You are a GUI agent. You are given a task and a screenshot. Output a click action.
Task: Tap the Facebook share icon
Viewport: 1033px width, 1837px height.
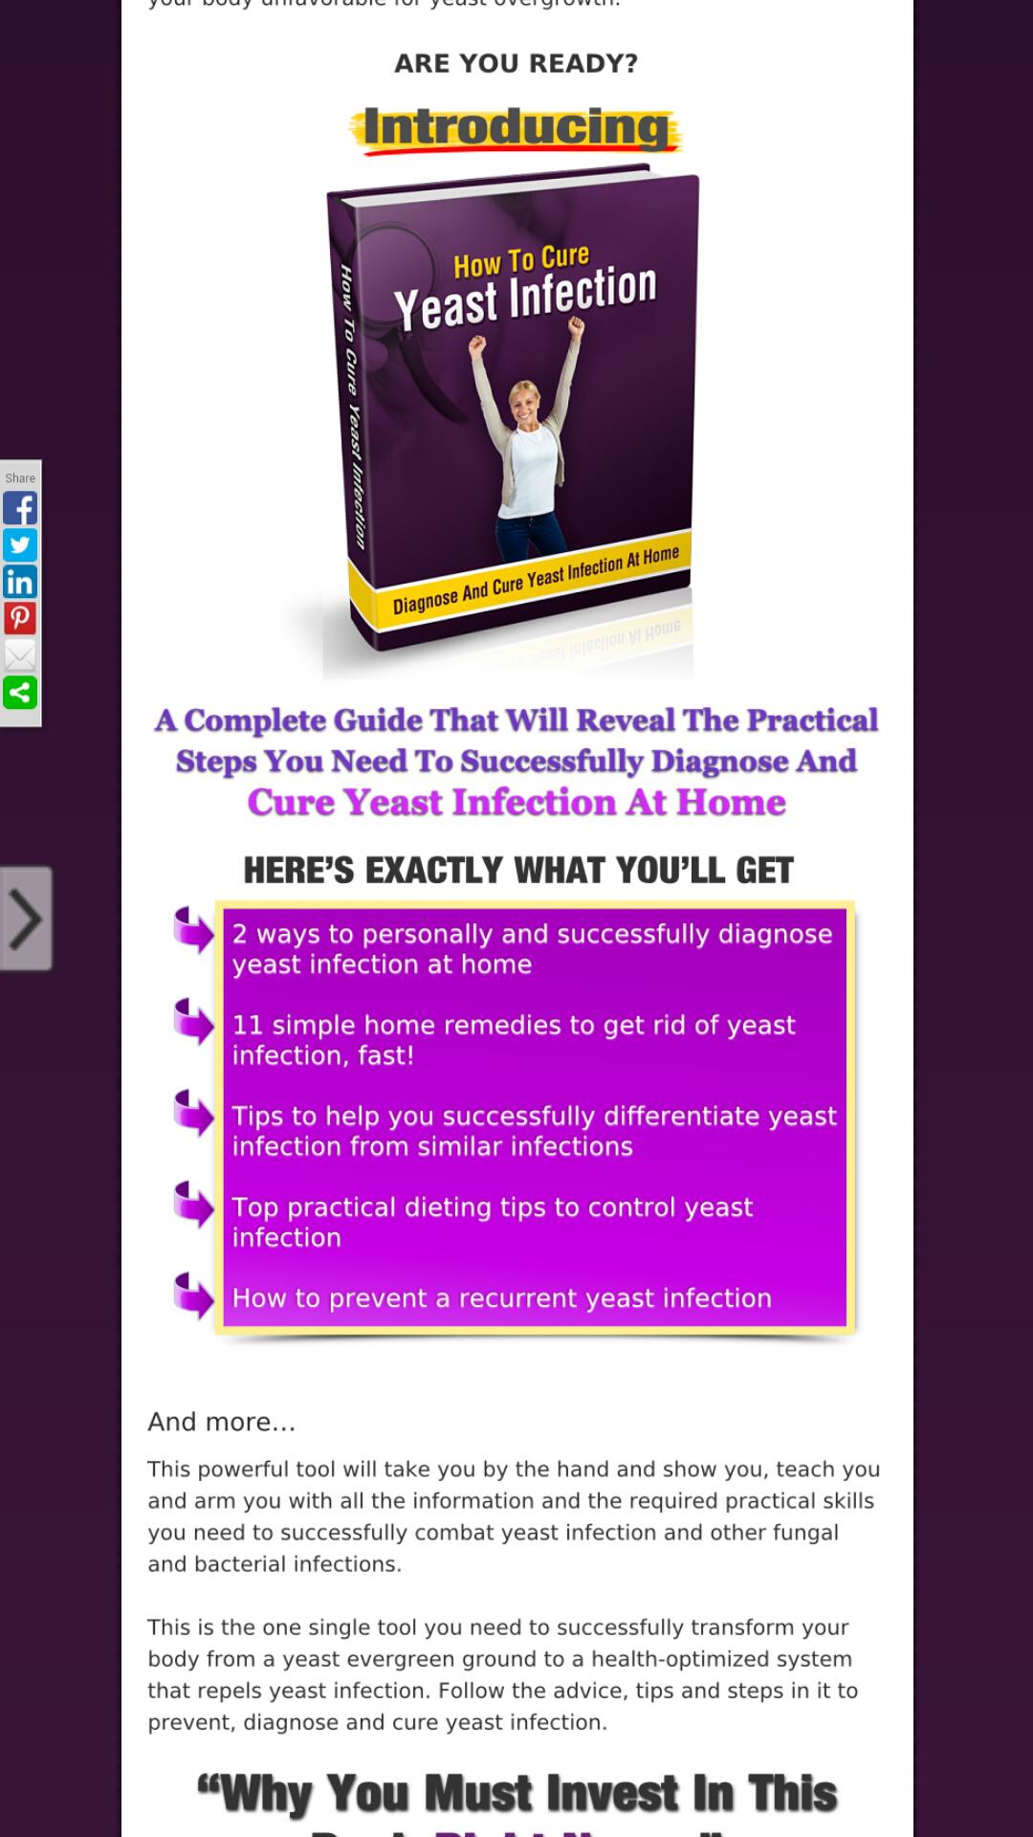pos(20,508)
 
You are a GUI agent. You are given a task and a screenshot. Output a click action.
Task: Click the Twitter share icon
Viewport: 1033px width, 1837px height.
pos(20,544)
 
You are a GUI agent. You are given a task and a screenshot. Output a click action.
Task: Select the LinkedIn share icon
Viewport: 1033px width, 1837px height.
pos(20,582)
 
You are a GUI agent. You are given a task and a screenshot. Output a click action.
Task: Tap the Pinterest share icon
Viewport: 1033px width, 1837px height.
pos(20,618)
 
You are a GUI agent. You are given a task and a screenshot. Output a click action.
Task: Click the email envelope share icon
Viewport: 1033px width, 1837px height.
pos(20,655)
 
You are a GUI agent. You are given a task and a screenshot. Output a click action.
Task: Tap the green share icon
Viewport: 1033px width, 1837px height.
pos(20,693)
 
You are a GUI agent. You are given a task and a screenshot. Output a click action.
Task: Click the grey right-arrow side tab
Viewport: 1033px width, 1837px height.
pos(26,918)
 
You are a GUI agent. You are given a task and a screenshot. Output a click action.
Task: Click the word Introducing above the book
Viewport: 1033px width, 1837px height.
pos(516,128)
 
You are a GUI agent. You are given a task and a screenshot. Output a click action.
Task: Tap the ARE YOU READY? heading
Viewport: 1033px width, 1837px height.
pos(516,63)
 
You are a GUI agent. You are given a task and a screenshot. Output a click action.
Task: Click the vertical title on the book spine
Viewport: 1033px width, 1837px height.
pos(353,407)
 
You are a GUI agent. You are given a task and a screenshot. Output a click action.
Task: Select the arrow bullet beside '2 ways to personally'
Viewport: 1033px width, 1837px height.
pos(194,930)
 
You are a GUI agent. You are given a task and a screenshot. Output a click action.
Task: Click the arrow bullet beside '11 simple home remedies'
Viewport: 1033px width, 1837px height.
pos(194,1021)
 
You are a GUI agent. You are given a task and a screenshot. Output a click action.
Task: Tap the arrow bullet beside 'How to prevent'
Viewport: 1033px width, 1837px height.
pos(194,1295)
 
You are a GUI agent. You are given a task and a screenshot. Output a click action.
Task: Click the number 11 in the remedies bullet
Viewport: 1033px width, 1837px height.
pos(247,1025)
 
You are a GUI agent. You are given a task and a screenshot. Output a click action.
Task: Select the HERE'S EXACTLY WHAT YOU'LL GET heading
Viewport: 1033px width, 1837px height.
pos(517,871)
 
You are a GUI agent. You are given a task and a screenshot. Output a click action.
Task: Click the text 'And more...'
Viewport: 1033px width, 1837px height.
pos(221,1422)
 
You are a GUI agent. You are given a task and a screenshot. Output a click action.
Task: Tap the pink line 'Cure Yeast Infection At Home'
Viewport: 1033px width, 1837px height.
pos(516,803)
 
